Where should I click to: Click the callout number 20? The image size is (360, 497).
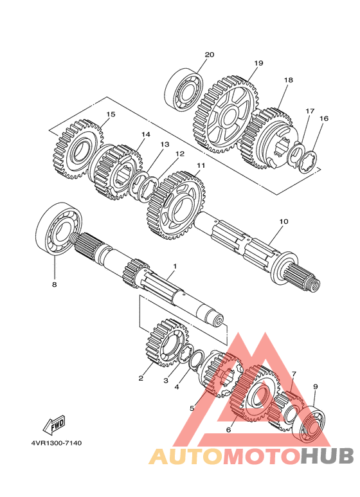[x=209, y=55]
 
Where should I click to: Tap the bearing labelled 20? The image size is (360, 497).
[x=184, y=90]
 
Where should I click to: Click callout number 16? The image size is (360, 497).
[x=324, y=118]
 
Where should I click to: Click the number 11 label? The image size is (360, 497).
[x=201, y=165]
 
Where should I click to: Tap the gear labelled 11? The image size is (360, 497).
[x=177, y=205]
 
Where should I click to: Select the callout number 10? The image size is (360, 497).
[x=283, y=221]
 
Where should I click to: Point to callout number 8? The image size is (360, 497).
[x=55, y=285]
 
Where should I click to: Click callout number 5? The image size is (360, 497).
[x=192, y=408]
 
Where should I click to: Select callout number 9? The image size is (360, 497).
[x=315, y=386]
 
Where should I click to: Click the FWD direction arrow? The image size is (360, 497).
[x=54, y=425]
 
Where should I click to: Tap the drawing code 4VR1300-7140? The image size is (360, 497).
[x=57, y=442]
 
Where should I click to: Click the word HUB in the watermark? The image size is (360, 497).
[x=327, y=456]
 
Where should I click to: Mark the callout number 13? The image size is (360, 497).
[x=165, y=144]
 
